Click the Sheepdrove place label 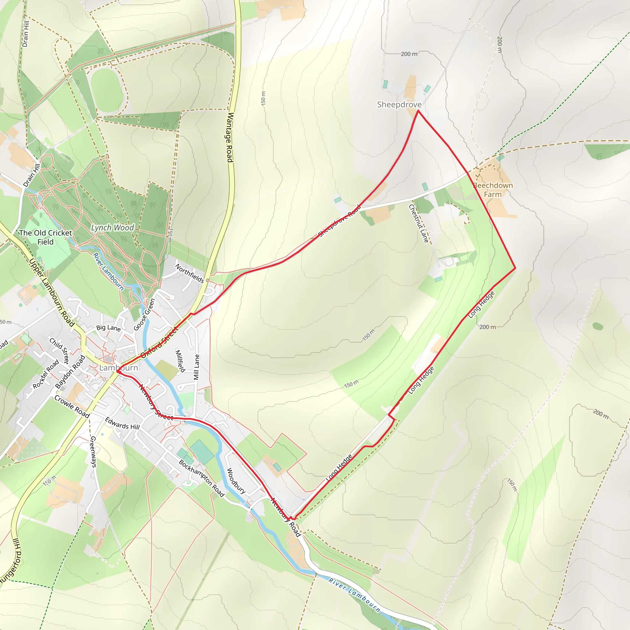coord(399,105)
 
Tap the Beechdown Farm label coord(493,190)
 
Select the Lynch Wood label coord(113,227)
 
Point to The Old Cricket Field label coord(45,237)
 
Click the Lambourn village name coord(118,368)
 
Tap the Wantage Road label coord(230,137)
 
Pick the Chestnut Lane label coord(419,223)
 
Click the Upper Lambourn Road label coord(51,292)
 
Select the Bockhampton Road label coord(201,478)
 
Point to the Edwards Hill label coord(122,424)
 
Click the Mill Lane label coord(196,367)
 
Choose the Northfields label coord(189,273)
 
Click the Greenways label coord(93,452)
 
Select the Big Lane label coord(108,328)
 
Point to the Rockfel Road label coord(46,374)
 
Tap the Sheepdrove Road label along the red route coord(339,221)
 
